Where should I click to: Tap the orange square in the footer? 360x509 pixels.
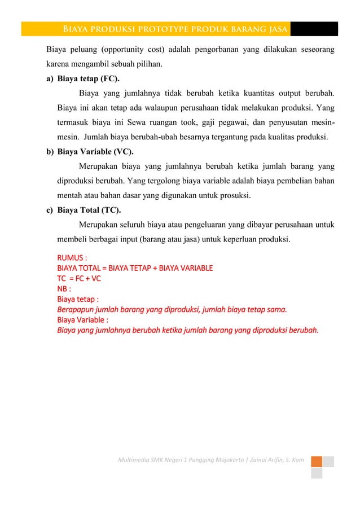[x=317, y=462]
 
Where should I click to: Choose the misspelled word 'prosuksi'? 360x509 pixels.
[x=235, y=196]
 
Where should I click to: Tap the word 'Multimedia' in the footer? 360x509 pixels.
[x=131, y=462]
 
